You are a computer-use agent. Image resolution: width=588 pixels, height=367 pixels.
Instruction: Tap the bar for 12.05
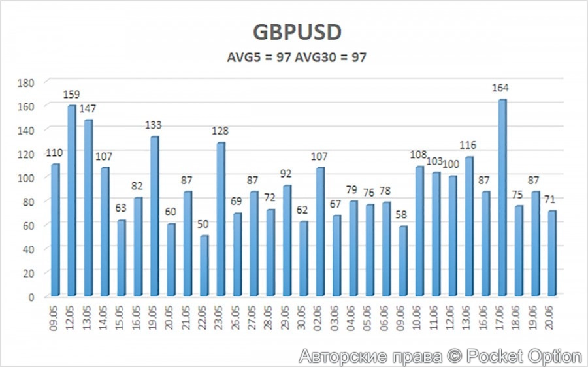pos(72,199)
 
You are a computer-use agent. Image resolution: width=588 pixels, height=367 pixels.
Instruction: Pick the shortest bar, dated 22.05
pos(204,264)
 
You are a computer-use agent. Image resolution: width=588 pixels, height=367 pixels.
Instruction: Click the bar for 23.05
pos(221,218)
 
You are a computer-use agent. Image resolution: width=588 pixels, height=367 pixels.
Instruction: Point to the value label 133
pos(154,125)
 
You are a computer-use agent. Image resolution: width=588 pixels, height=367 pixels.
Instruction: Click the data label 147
pos(88,108)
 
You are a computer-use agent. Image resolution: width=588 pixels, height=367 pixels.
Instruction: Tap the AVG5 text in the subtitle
pos(245,57)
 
